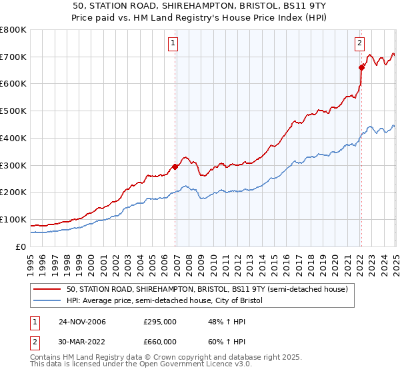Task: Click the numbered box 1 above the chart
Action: pyautogui.click(x=173, y=44)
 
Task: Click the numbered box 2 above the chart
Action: pyautogui.click(x=359, y=44)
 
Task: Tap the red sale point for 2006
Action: pyautogui.click(x=175, y=167)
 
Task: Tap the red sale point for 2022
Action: pyautogui.click(x=361, y=67)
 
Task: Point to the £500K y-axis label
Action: pyautogui.click(x=13, y=111)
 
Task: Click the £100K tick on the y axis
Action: pyautogui.click(x=13, y=219)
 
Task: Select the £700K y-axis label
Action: pyautogui.click(x=13, y=57)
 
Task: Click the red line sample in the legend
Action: pyautogui.click(x=48, y=290)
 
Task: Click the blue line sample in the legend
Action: pyautogui.click(x=48, y=301)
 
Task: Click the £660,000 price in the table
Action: pyautogui.click(x=160, y=342)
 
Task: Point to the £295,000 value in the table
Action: pyautogui.click(x=160, y=322)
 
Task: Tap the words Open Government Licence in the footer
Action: pyautogui.click(x=139, y=365)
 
